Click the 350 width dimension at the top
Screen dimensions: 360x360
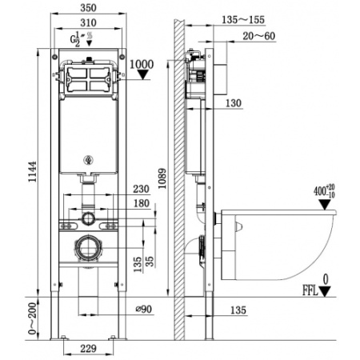click(x=88, y=8)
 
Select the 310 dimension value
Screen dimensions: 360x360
click(x=88, y=22)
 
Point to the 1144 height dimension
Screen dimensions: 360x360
click(x=33, y=171)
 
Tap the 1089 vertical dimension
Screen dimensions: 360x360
click(x=162, y=178)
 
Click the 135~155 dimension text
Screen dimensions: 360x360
click(x=243, y=20)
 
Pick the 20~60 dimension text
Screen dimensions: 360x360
click(x=258, y=36)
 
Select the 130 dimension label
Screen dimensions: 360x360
click(x=234, y=103)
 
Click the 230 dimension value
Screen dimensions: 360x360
click(x=141, y=189)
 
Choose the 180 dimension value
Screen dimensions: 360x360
click(x=142, y=203)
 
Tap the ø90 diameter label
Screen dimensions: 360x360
click(x=144, y=309)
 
